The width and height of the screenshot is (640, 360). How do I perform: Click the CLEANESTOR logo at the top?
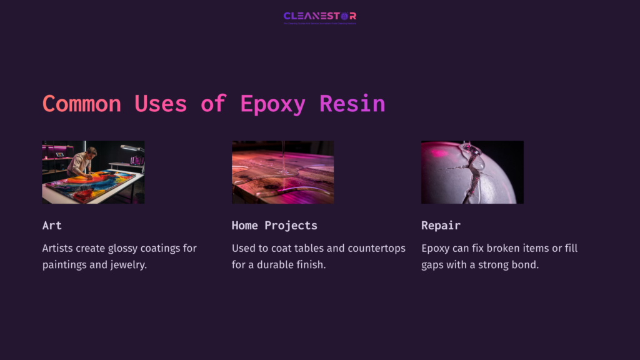(x=319, y=16)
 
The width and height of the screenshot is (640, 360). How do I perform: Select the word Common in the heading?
(x=82, y=104)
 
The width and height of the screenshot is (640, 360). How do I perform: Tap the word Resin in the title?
(x=352, y=104)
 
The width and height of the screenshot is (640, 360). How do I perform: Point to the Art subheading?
(x=52, y=225)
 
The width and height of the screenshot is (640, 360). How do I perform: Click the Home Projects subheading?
(x=274, y=225)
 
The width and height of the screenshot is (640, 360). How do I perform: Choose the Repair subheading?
(x=441, y=225)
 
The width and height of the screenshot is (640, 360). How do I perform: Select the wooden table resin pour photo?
(x=282, y=172)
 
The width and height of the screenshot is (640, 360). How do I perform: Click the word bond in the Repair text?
(x=526, y=264)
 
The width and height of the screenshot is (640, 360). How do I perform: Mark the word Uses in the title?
(x=161, y=104)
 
